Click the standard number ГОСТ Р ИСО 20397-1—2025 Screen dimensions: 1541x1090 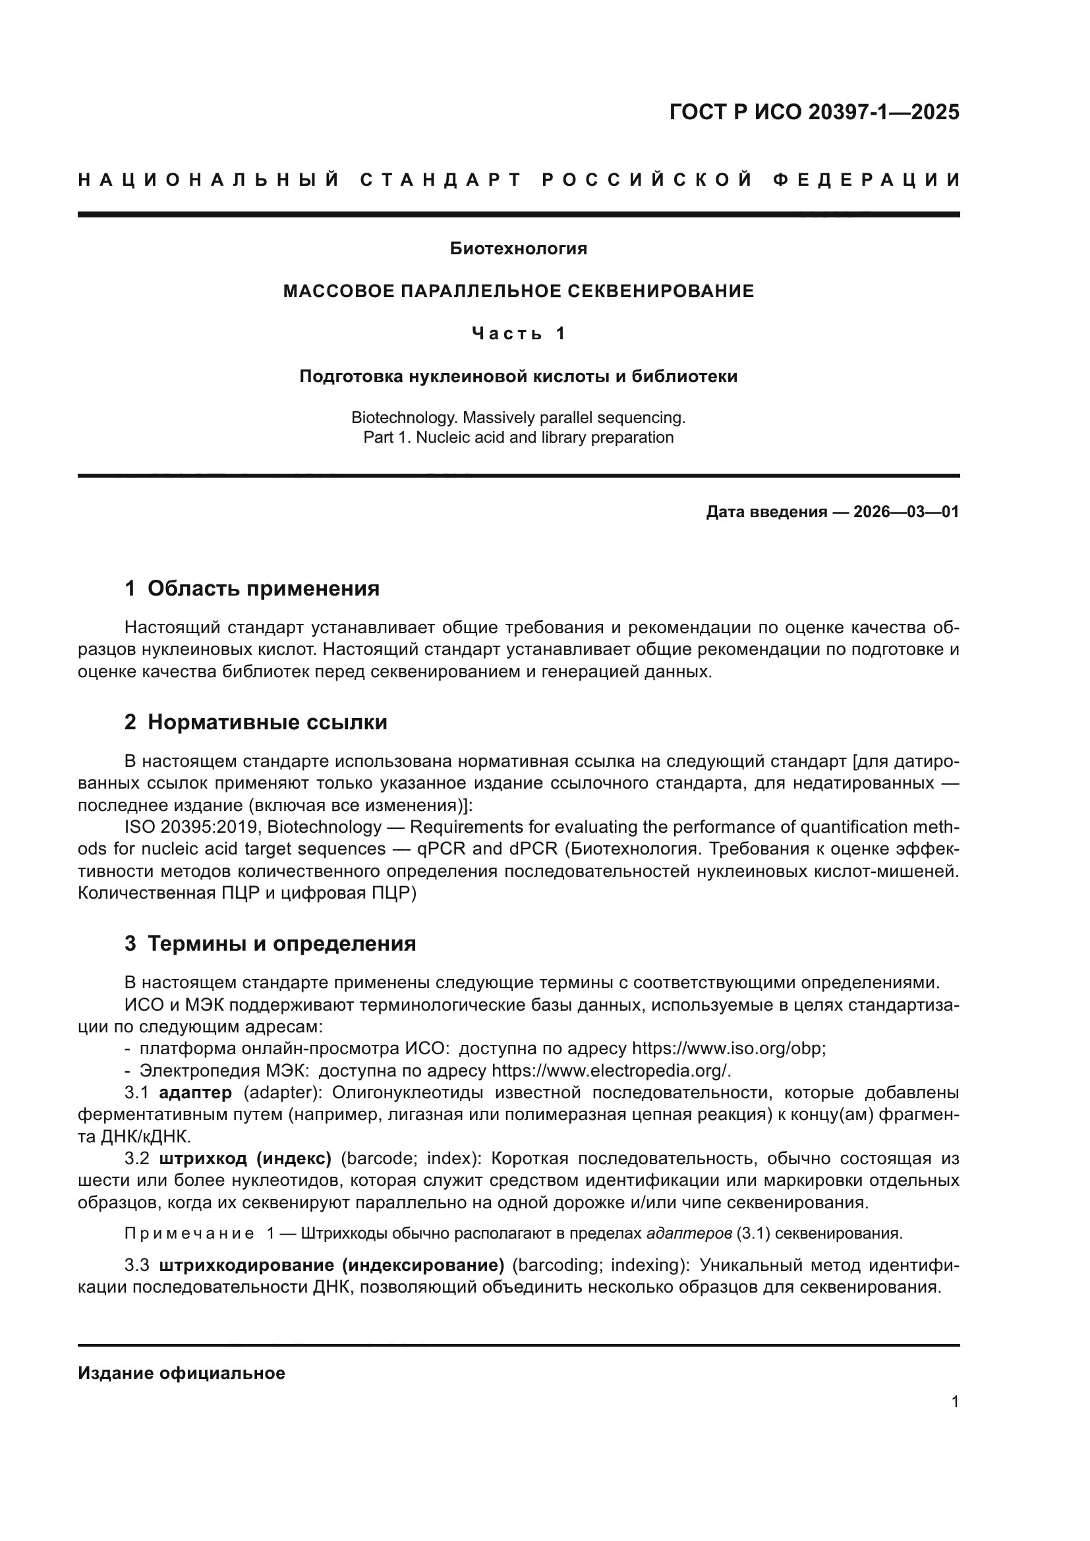click(x=814, y=112)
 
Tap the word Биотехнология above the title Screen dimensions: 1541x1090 click(x=518, y=249)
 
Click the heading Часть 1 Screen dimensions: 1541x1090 click(x=518, y=333)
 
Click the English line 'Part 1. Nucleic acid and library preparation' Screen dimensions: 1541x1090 click(x=518, y=437)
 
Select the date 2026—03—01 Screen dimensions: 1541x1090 click(x=906, y=512)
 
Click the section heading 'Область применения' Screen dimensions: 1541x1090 click(x=263, y=588)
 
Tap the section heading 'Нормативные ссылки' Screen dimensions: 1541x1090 click(x=267, y=722)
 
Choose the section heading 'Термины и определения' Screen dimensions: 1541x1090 click(x=281, y=943)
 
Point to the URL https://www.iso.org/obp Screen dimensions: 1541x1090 click(x=728, y=1048)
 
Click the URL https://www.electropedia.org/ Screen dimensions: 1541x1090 click(x=611, y=1071)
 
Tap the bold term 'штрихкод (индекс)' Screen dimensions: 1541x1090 click(x=246, y=1158)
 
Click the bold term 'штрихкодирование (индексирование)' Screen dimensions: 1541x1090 click(x=331, y=1265)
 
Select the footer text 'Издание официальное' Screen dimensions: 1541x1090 click(x=181, y=1373)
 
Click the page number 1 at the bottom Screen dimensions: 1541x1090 click(x=954, y=1402)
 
